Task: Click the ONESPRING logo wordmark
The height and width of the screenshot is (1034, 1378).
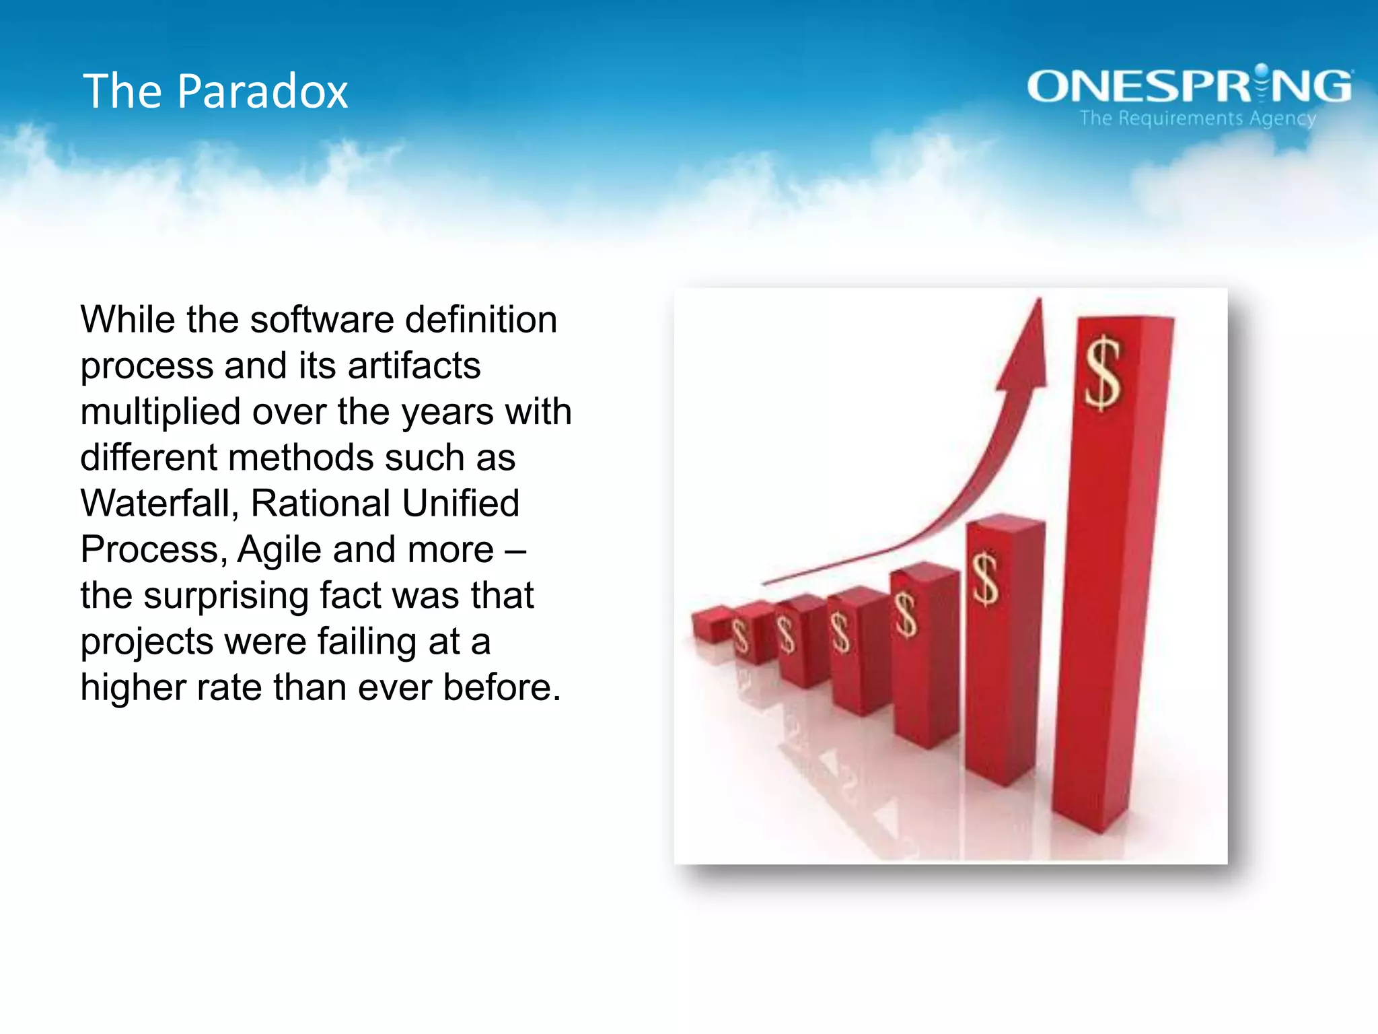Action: [x=1189, y=86]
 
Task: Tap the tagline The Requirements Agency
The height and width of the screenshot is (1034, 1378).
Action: [x=1198, y=118]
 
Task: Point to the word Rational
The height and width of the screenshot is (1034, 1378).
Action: [x=321, y=504]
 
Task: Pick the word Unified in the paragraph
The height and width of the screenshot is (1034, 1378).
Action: [x=461, y=504]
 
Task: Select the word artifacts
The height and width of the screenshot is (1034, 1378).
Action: [x=414, y=366]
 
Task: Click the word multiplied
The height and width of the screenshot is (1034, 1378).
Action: [x=160, y=412]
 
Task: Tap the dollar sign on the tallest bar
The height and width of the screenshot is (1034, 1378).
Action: [x=1102, y=374]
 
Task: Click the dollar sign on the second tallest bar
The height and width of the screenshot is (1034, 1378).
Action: [x=986, y=579]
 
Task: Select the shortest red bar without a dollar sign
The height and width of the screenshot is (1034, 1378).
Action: [x=711, y=623]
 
